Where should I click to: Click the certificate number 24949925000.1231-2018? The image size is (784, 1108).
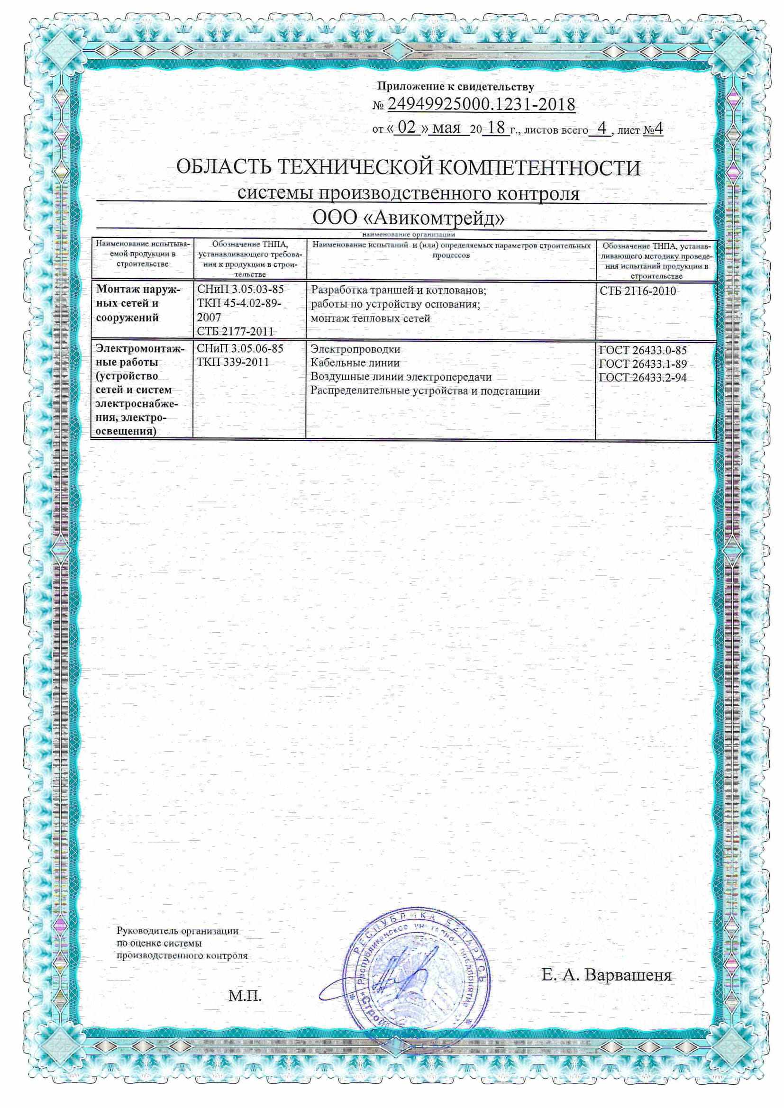click(481, 105)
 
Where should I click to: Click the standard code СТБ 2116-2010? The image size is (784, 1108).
click(638, 291)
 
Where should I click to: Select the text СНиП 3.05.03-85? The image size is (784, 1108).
click(240, 290)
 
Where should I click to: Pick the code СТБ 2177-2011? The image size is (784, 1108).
click(235, 332)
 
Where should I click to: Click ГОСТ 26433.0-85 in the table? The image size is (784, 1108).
click(643, 350)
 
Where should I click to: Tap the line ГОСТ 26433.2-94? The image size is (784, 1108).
click(643, 378)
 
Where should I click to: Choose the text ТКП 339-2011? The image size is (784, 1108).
click(233, 362)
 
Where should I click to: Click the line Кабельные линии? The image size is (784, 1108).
click(355, 363)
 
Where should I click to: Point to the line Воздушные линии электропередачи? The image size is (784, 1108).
click(401, 377)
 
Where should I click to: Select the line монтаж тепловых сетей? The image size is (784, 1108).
click(370, 318)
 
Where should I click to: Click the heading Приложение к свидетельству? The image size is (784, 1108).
click(455, 87)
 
